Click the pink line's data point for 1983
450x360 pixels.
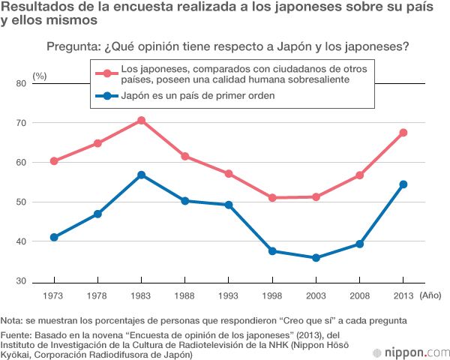[x=140, y=120]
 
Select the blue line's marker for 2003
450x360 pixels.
[x=316, y=258]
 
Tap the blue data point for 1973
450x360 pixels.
[x=53, y=237]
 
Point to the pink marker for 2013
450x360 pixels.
[x=403, y=133]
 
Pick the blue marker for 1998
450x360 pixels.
[x=271, y=251]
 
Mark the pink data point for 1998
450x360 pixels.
[x=271, y=198]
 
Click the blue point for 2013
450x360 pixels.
[x=403, y=184]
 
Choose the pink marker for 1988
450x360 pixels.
[x=184, y=157]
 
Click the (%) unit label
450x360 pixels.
[x=40, y=76]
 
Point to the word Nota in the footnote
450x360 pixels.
[x=13, y=320]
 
